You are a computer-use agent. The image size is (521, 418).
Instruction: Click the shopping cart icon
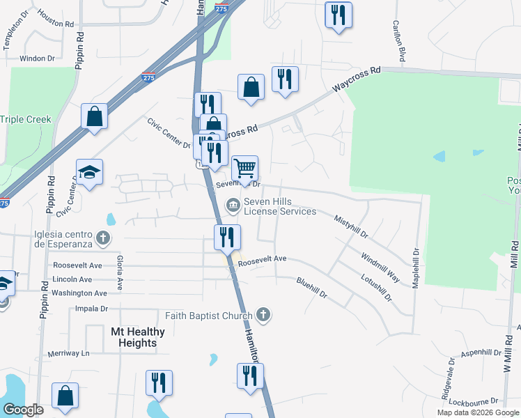click(x=244, y=168)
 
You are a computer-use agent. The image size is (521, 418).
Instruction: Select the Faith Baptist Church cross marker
click(x=263, y=316)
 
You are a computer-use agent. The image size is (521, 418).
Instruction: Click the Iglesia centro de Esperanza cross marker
click(x=103, y=239)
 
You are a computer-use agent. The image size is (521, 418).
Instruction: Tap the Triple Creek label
click(x=26, y=119)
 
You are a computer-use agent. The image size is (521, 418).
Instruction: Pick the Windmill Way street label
click(x=380, y=267)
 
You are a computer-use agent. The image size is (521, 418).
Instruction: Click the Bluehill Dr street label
click(x=311, y=288)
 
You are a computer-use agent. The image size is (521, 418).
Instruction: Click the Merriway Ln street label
click(x=69, y=353)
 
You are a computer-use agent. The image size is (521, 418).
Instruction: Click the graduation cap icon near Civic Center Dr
click(x=90, y=172)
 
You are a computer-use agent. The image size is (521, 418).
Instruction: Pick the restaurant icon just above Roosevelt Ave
click(x=227, y=238)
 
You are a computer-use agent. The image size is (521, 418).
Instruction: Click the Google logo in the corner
click(x=23, y=409)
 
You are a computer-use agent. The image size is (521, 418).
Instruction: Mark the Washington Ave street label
click(x=79, y=293)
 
